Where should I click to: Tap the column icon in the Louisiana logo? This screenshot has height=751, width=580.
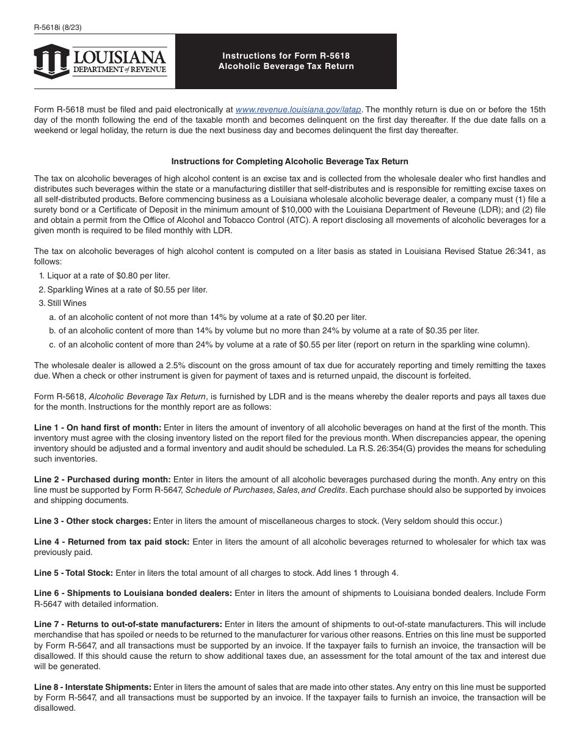[51, 62]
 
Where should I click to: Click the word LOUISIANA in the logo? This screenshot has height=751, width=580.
[120, 57]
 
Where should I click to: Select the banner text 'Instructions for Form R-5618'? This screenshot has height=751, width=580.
[286, 56]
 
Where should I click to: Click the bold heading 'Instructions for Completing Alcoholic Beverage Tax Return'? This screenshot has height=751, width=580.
[289, 162]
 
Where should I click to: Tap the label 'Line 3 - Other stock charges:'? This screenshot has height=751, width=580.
[92, 521]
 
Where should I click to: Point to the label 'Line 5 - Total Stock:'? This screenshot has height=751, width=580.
[73, 573]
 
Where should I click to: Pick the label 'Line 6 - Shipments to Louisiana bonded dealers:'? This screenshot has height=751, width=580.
[132, 593]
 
